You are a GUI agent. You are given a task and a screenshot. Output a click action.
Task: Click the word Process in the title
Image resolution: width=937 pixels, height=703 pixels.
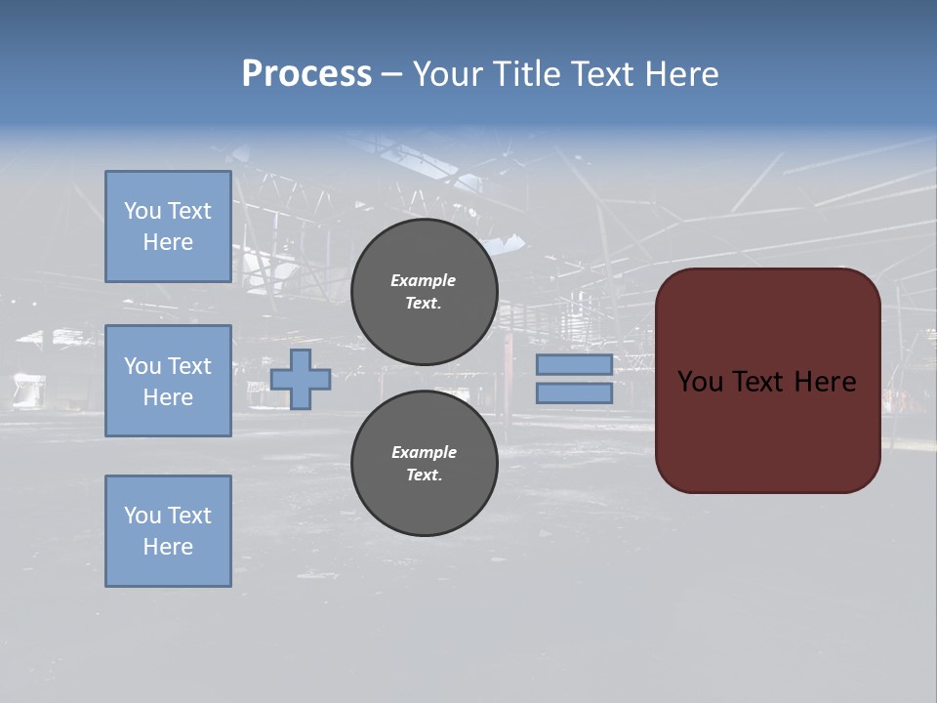click(x=306, y=74)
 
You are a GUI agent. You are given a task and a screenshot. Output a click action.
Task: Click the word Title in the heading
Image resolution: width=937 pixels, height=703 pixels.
click(x=525, y=74)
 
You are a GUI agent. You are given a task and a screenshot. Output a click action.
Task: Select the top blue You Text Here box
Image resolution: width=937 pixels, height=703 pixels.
click(x=168, y=227)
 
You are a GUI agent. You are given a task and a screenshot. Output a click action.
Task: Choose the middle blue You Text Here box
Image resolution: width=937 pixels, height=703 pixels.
click(x=168, y=381)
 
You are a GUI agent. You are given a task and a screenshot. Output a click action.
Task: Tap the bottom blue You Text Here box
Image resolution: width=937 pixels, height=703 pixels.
click(x=168, y=531)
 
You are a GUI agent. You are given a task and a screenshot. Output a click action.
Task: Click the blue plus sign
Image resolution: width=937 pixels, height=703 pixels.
click(x=301, y=379)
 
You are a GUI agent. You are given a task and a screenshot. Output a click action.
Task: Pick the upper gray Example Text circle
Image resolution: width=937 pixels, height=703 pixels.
click(x=424, y=292)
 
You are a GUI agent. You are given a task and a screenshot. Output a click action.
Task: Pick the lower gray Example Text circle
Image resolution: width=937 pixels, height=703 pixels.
click(x=424, y=464)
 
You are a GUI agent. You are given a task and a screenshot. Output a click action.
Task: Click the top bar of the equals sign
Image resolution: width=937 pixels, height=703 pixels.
click(x=574, y=365)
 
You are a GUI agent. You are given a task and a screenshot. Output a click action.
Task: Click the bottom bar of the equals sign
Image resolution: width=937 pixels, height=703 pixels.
click(x=574, y=393)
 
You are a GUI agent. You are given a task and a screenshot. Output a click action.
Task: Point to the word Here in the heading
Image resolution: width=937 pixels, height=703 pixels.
click(x=680, y=74)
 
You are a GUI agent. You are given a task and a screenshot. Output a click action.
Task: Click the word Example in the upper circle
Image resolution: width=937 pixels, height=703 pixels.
click(x=424, y=281)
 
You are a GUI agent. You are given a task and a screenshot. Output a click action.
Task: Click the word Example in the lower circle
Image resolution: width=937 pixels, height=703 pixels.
click(x=424, y=453)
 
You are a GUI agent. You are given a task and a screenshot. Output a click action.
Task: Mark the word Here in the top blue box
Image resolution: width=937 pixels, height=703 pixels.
click(x=168, y=242)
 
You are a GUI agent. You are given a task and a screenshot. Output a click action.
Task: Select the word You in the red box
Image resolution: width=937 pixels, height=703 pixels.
click(x=700, y=382)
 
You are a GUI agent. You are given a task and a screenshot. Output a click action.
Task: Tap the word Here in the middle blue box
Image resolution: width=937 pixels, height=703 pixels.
click(x=168, y=397)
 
